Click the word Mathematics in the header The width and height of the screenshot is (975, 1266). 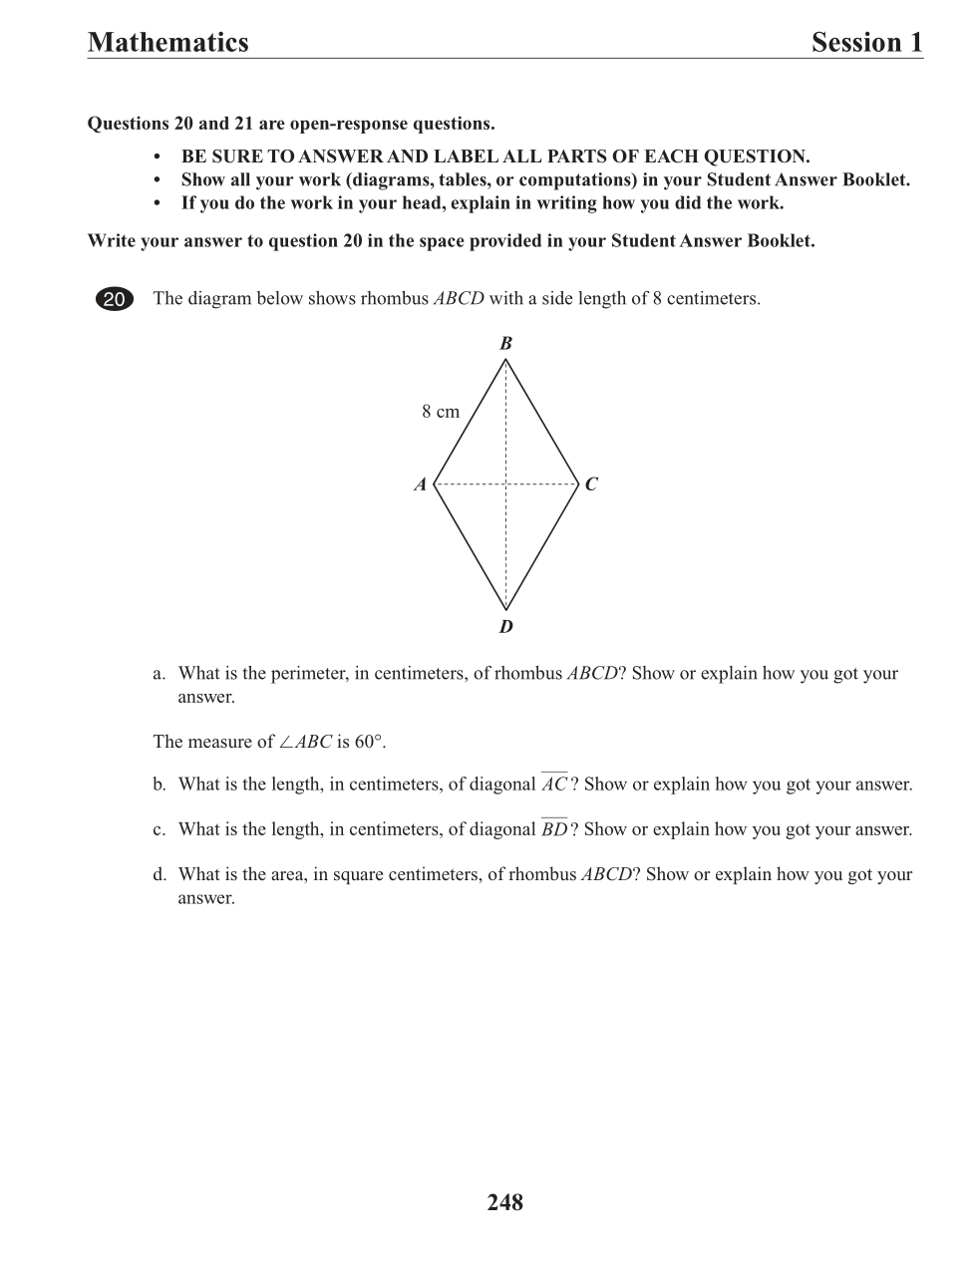coord(167,42)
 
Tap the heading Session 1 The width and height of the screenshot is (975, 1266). coord(866,42)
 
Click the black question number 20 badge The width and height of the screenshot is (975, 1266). coord(115,299)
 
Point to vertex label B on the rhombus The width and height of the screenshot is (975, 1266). coord(505,344)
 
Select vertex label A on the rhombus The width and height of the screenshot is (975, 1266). coord(421,485)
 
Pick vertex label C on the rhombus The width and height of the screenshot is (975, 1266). coord(591,485)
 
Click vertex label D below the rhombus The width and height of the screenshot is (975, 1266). coord(505,627)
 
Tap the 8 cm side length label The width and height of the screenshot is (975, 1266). coord(441,412)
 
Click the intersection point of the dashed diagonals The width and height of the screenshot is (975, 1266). coord(506,485)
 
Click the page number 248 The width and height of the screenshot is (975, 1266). coord(505,1203)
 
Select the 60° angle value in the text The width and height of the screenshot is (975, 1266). coord(370,742)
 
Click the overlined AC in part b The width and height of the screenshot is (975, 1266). coord(554,785)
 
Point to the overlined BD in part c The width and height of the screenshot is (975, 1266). coord(554,829)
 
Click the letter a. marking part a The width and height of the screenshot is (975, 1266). coord(159,674)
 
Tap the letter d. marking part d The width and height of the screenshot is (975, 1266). coord(159,875)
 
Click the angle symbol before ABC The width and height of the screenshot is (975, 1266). coord(286,742)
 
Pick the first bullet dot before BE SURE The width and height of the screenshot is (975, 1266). coord(158,158)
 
